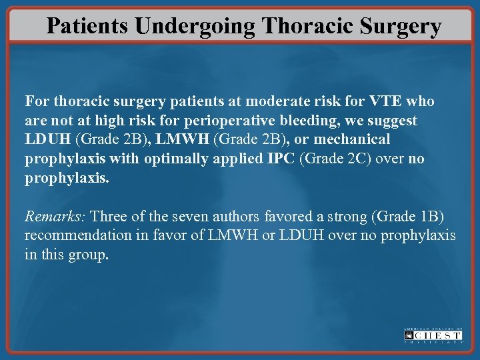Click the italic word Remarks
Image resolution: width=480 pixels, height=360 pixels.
[55, 217]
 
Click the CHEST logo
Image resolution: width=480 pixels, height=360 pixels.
[433, 335]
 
